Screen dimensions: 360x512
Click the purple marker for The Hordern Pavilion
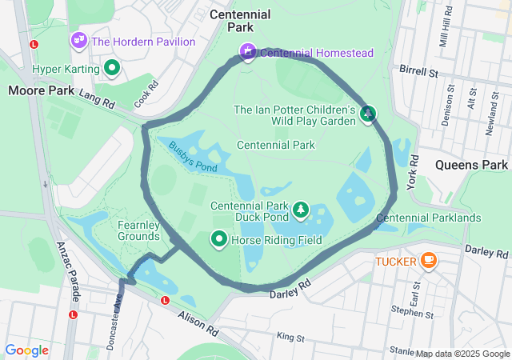pos(78,38)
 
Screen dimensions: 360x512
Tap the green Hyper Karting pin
pos(113,70)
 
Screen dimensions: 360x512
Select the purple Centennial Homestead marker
pos(248,53)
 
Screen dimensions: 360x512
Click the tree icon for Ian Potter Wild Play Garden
pos(368,114)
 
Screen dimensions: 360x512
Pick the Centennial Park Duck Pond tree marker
pos(301,210)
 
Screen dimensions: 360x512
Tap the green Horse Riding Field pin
pos(218,239)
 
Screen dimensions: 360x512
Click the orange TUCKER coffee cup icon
pos(428,260)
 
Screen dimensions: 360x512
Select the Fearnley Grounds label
pos(139,230)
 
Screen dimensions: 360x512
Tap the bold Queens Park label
pos(471,165)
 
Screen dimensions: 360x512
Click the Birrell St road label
pos(422,72)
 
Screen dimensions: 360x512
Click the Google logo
pos(26,350)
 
